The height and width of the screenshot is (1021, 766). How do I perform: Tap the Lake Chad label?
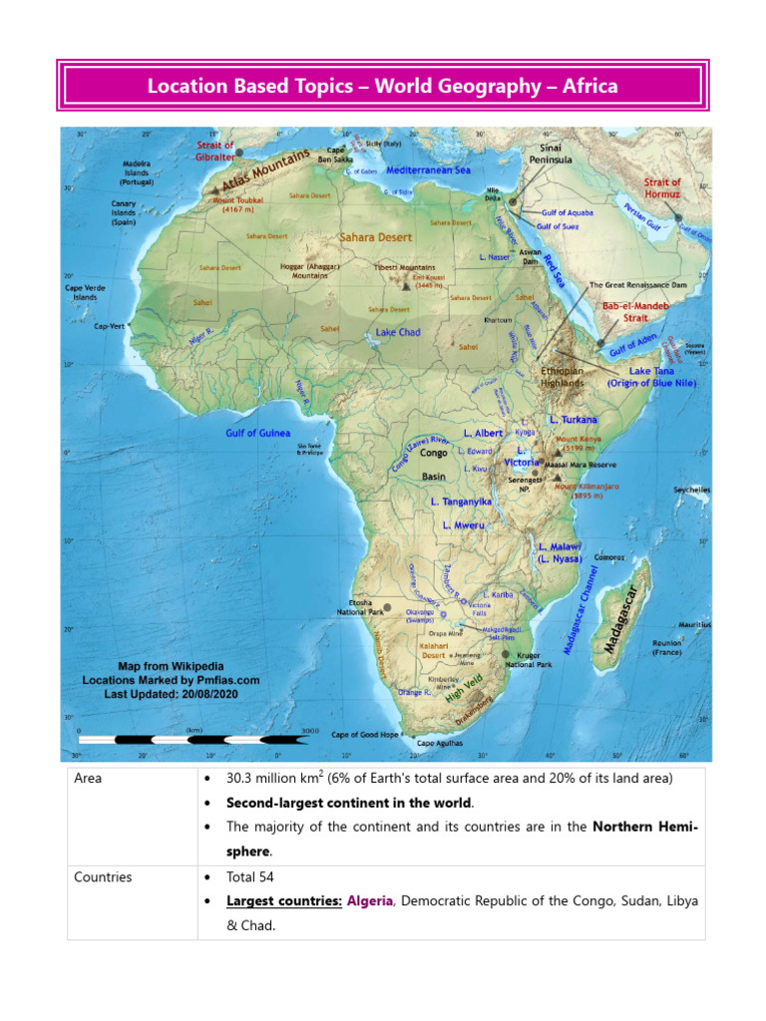tap(398, 332)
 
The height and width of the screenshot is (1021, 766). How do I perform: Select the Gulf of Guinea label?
tap(258, 434)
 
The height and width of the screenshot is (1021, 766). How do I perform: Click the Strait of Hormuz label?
tap(662, 187)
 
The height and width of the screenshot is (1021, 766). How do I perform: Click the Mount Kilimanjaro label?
tap(587, 491)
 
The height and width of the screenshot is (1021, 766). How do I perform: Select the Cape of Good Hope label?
tap(365, 735)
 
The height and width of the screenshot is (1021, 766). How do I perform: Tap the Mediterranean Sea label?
tap(428, 170)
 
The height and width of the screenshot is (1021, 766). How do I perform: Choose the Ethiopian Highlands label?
tap(563, 376)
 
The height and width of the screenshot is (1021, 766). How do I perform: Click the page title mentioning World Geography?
tap(383, 87)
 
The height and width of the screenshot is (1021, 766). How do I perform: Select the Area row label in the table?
tap(88, 778)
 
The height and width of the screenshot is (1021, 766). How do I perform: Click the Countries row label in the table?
tap(103, 877)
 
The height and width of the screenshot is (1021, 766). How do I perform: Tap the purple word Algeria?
tap(371, 900)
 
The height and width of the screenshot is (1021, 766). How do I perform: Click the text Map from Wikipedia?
tap(171, 666)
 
